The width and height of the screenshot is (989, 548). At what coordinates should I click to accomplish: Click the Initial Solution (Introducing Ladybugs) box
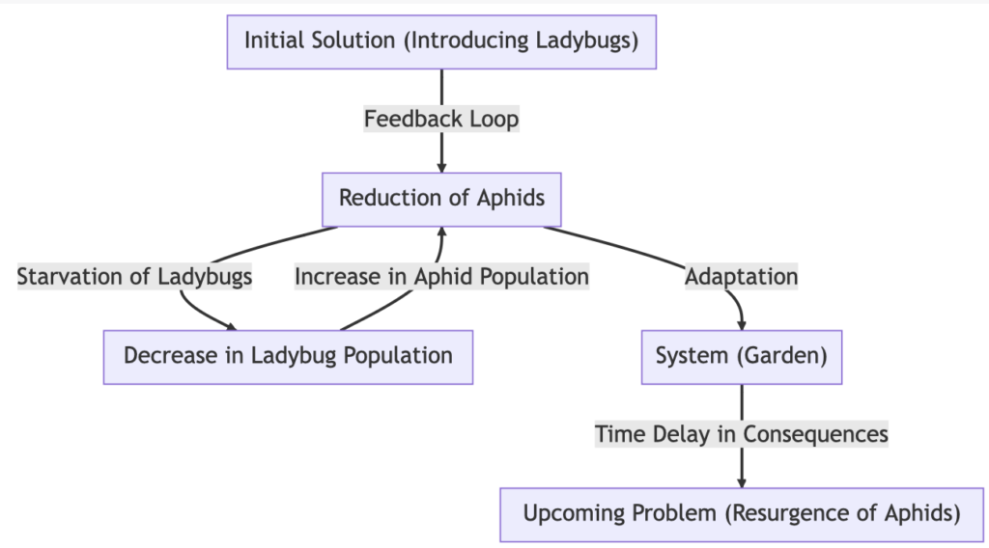(x=441, y=41)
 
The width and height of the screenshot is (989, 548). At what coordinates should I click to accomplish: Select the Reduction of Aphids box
(x=441, y=199)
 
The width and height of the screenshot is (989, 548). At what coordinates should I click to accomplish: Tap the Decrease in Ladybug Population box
(x=288, y=357)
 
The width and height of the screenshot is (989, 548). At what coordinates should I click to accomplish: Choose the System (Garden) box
(x=742, y=357)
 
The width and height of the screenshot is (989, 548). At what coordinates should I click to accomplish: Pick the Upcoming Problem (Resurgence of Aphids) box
(x=742, y=514)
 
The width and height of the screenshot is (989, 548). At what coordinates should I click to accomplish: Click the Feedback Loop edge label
(x=441, y=119)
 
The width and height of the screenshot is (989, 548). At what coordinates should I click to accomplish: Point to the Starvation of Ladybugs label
(x=134, y=277)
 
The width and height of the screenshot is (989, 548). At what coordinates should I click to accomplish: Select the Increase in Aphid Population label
(x=441, y=277)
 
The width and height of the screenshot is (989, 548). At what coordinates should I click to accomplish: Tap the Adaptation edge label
(x=742, y=277)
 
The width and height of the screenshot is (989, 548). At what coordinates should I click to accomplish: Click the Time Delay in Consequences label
(x=742, y=434)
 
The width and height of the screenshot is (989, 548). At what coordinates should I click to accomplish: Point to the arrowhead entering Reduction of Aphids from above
(x=441, y=168)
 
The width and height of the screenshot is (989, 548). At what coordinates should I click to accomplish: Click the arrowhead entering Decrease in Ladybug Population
(x=232, y=326)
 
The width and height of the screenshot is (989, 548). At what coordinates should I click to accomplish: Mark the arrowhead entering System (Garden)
(x=742, y=326)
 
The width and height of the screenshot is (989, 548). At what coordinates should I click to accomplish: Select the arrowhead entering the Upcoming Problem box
(x=742, y=483)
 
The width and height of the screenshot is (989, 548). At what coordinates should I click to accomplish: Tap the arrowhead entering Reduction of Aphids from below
(x=441, y=232)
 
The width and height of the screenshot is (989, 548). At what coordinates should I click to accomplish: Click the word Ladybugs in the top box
(x=584, y=41)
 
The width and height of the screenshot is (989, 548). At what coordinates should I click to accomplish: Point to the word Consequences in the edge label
(x=815, y=434)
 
